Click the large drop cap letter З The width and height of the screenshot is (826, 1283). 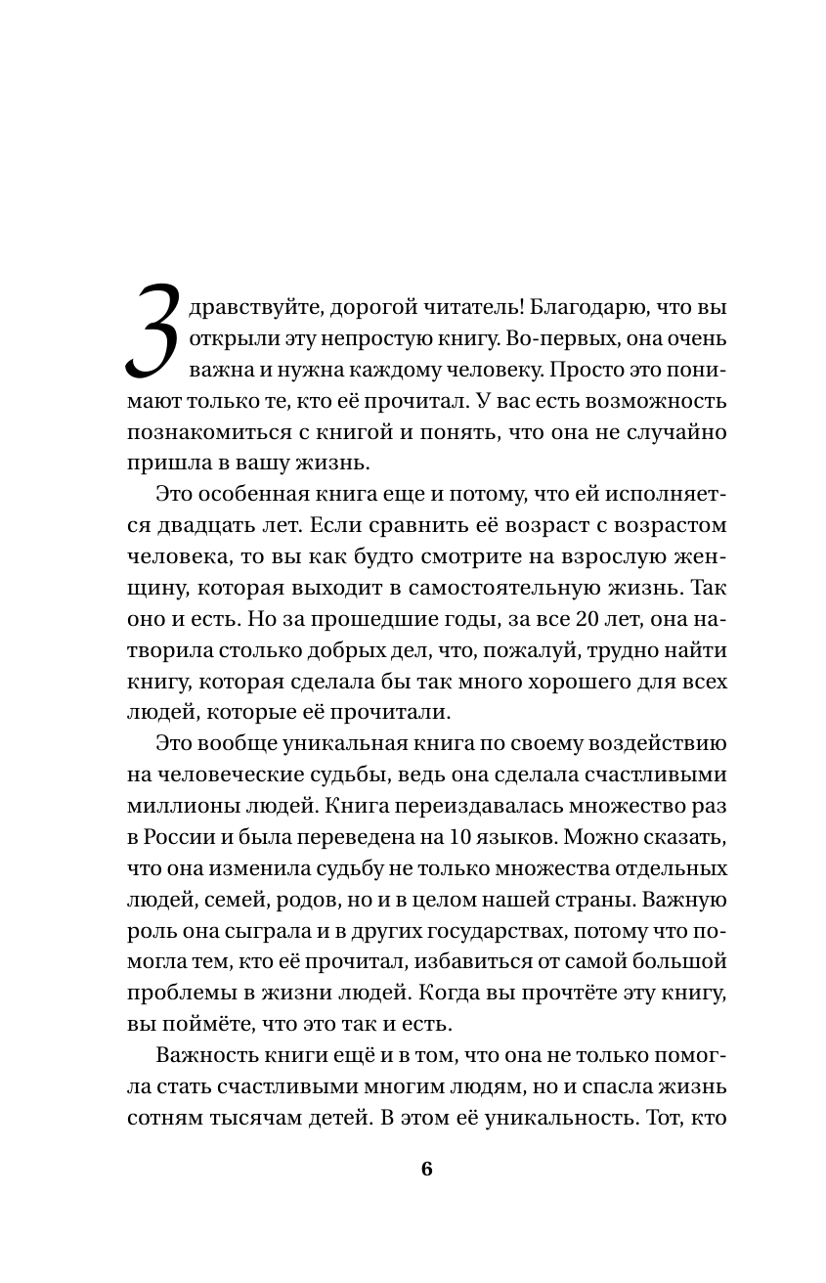153,332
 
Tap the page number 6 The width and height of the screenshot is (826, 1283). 426,1171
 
